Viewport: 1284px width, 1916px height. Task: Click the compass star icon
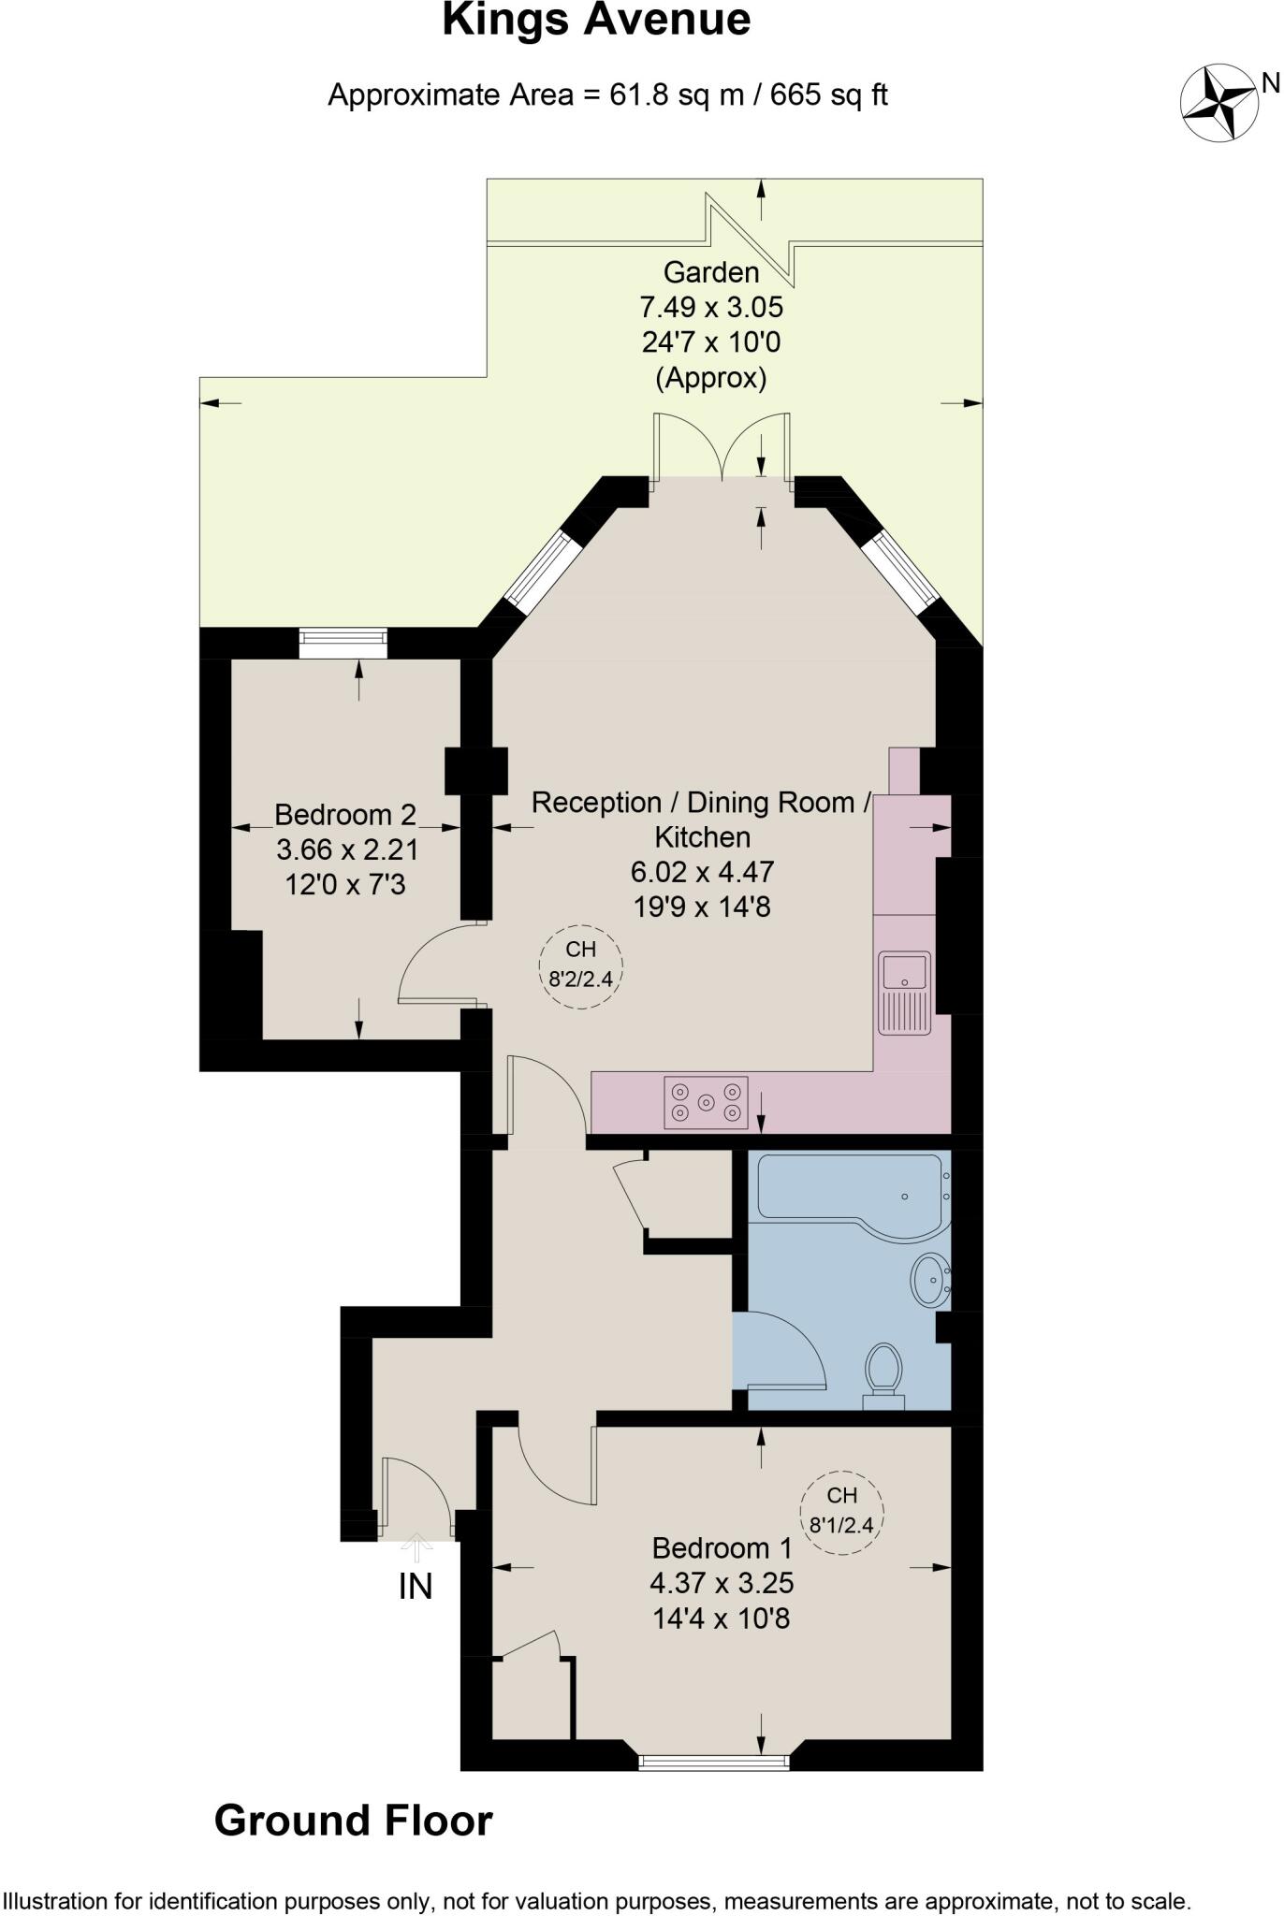pos(1218,102)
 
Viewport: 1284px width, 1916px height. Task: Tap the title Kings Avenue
pos(596,21)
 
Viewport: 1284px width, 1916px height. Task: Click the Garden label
pos(710,273)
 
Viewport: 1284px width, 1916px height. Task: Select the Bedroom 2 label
pos(344,815)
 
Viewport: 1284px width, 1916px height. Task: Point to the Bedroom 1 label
pos(722,1548)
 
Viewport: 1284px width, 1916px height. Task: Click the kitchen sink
pos(904,992)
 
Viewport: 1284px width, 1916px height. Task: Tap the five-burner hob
pos(706,1102)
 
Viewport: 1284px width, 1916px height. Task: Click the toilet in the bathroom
pos(883,1373)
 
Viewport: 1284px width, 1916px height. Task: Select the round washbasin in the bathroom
pos(929,1279)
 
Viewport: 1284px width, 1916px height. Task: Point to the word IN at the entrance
pos(416,1587)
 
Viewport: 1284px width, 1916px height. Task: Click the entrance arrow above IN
pos(416,1547)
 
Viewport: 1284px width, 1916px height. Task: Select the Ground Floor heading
pos(353,1822)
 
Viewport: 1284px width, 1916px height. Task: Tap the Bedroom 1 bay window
pos(713,1763)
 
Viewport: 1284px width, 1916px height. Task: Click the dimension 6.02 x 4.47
pos(702,872)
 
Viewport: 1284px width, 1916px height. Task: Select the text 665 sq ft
pos(828,95)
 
